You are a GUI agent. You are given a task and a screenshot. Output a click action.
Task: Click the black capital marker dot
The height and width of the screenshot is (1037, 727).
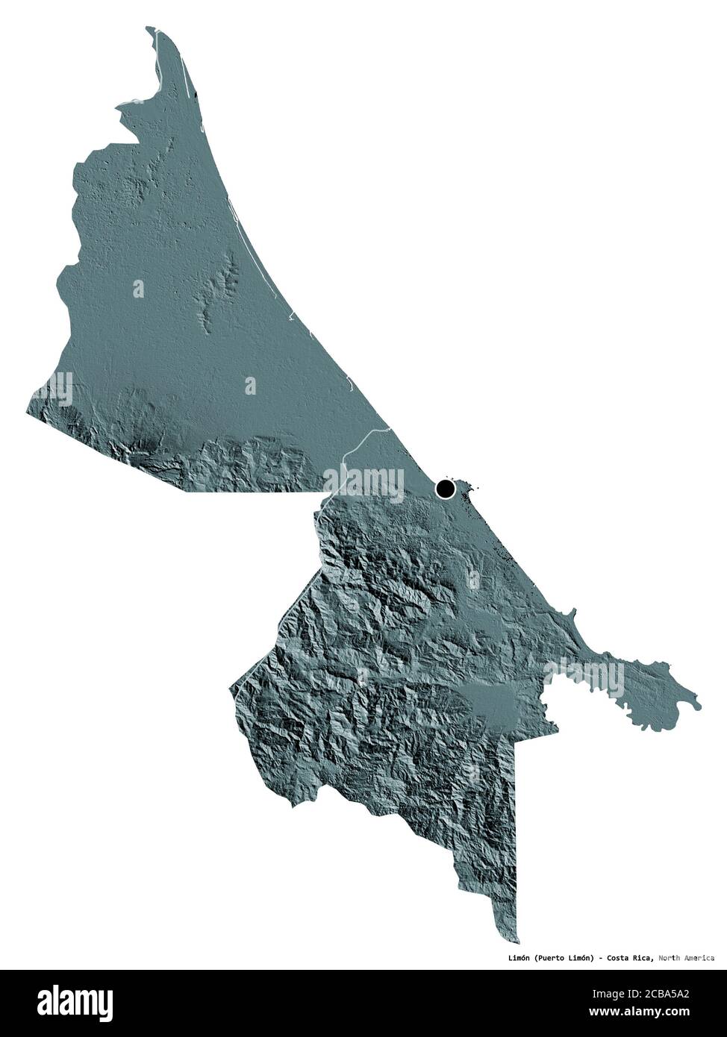446,489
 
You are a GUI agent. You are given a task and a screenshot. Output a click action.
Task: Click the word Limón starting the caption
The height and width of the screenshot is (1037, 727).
515,957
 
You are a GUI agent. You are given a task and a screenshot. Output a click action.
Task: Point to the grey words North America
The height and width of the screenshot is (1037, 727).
687,957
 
